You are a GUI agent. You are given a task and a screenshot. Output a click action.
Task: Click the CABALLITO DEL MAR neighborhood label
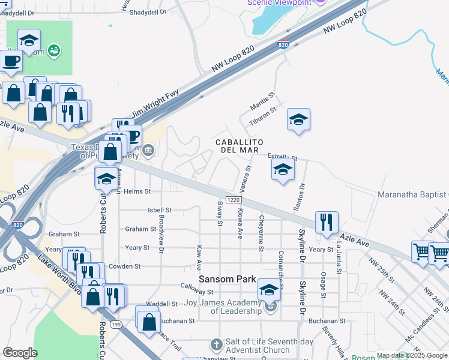(x=237, y=145)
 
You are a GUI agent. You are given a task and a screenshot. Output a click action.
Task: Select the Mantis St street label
(x=262, y=99)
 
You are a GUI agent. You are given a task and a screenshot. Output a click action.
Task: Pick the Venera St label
(x=248, y=177)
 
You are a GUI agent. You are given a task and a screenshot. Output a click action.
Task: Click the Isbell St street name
(x=160, y=211)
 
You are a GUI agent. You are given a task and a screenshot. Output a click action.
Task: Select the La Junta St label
(x=339, y=263)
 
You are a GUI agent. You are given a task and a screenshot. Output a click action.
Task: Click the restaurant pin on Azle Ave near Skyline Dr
(x=327, y=222)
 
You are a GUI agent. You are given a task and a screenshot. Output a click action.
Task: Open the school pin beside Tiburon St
(x=298, y=119)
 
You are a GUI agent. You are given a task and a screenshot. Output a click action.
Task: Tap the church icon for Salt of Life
(x=217, y=345)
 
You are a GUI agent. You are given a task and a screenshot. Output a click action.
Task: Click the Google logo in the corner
(x=20, y=353)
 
